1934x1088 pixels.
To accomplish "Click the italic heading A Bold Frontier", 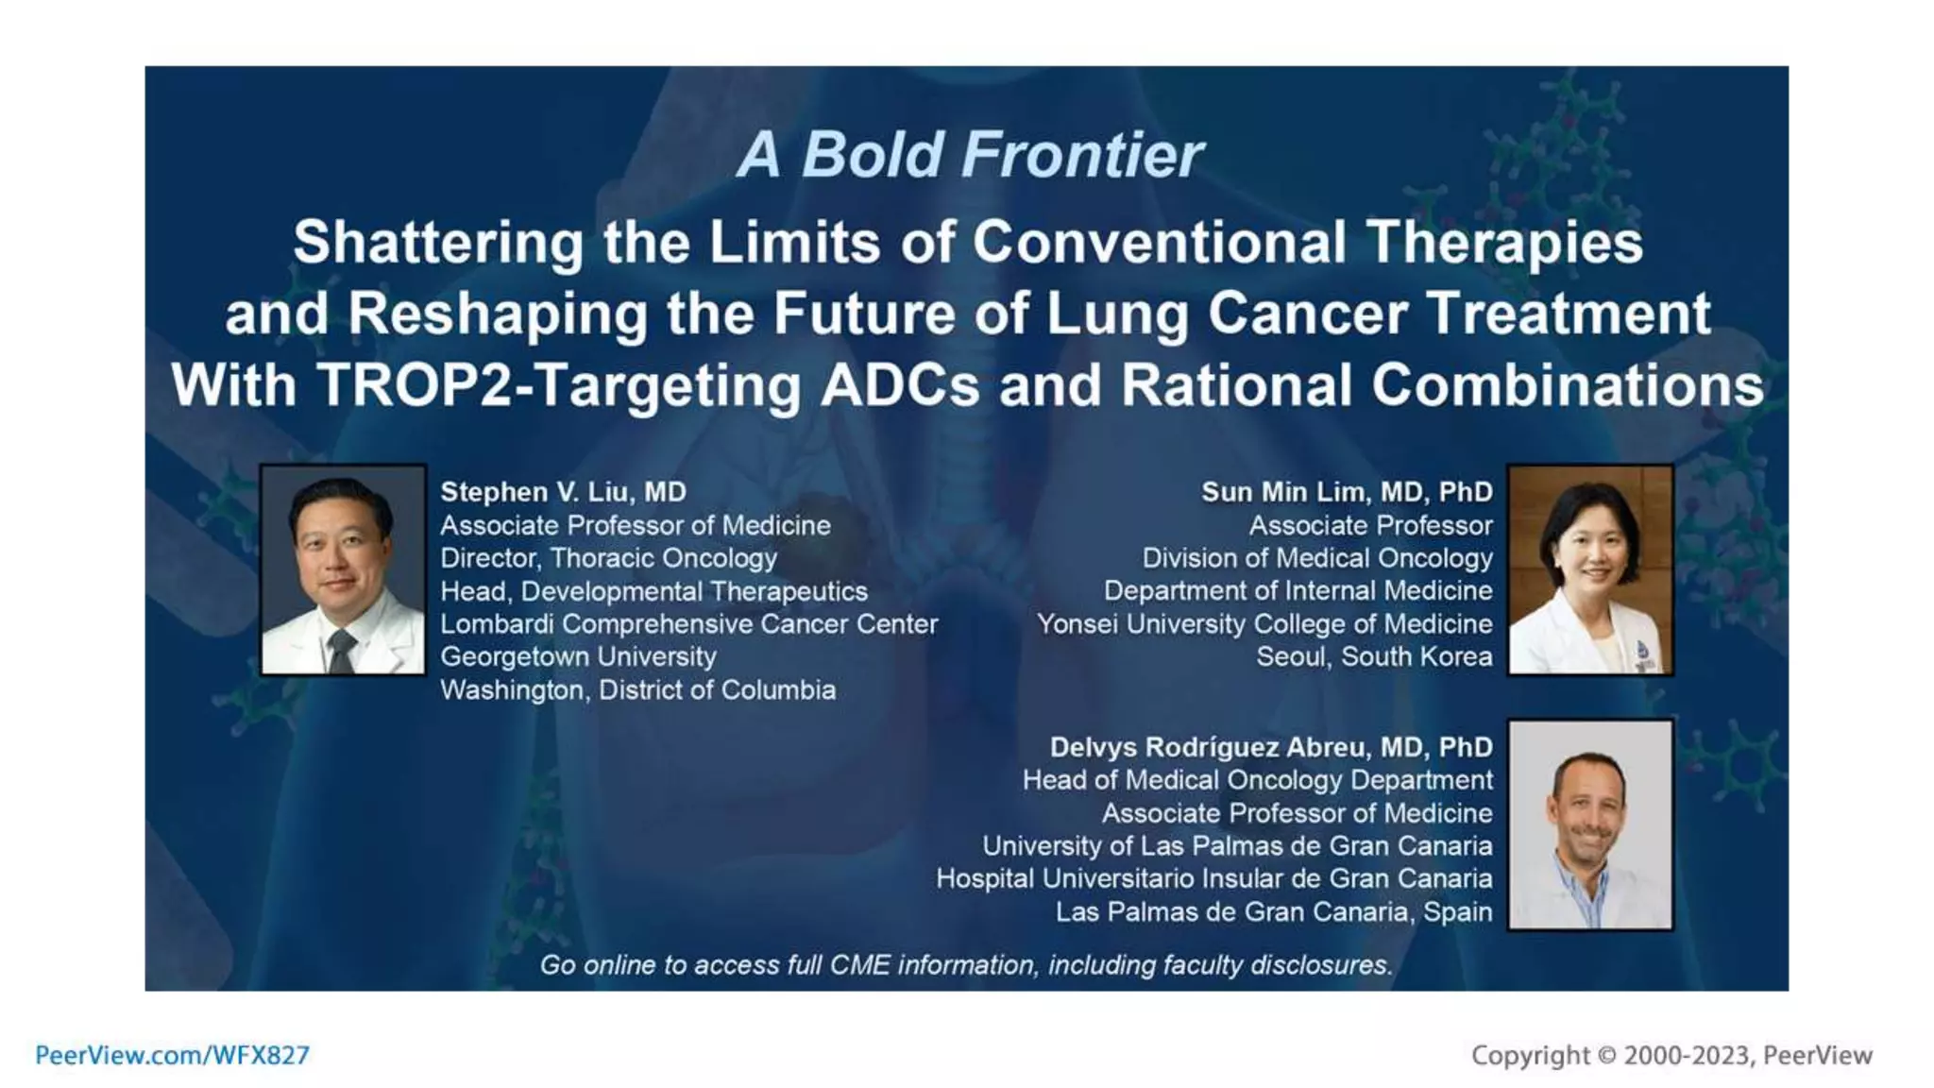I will (x=969, y=155).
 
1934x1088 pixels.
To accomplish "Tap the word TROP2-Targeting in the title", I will (x=558, y=386).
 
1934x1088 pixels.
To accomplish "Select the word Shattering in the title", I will (x=438, y=243).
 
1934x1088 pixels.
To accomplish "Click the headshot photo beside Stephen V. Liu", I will (x=343, y=569).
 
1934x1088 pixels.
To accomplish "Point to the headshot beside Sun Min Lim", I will (x=1590, y=569).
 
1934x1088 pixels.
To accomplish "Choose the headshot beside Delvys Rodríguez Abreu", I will (x=1590, y=824).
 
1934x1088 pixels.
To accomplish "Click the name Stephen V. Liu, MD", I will (x=563, y=492).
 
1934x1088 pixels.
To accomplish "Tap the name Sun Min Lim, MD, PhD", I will (x=1347, y=492).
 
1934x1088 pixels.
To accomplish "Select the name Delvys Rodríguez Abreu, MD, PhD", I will (x=1271, y=747).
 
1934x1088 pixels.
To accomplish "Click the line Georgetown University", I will (x=578, y=656).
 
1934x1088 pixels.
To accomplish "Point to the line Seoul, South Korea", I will (x=1374, y=656).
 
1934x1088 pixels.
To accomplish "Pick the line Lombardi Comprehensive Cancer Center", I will (x=688, y=624).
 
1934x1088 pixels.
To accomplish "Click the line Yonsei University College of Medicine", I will (x=1264, y=624).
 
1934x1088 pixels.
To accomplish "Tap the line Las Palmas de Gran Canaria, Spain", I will (x=1274, y=912).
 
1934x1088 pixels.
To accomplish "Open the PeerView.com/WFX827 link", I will (x=172, y=1055).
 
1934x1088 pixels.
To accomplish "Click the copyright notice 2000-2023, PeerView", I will (x=1671, y=1055).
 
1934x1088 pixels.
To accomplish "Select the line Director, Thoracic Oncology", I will (x=608, y=558).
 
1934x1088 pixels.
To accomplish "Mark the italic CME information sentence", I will (x=966, y=965).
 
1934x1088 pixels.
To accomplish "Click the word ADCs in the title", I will (x=900, y=386).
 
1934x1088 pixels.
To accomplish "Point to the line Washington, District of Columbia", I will (x=637, y=690).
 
